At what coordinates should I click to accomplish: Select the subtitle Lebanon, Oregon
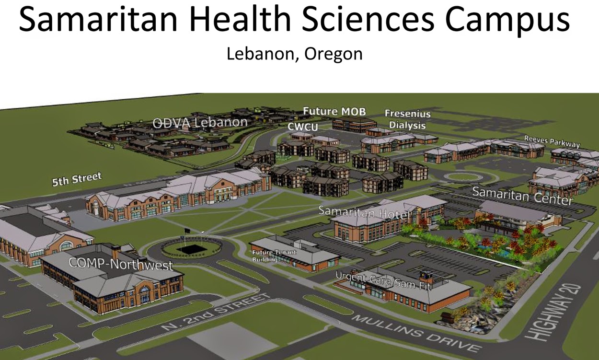294,54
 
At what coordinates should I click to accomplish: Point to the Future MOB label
334,112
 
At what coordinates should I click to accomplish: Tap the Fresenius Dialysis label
407,120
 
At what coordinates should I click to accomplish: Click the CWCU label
303,126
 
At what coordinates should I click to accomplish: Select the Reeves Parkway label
552,141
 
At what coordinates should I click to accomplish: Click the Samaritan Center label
522,196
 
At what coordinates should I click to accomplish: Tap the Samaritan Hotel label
364,212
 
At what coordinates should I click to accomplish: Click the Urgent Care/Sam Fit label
383,282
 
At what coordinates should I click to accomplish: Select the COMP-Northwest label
121,264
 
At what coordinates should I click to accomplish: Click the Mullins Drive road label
414,334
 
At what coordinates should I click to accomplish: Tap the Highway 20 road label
556,312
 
